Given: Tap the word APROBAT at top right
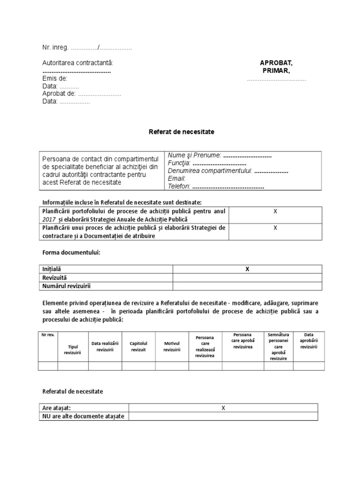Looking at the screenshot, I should point(276,63).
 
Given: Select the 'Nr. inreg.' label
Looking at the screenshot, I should point(55,47).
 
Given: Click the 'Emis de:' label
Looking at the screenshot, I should point(55,78).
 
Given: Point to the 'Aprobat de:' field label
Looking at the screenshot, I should point(59,93).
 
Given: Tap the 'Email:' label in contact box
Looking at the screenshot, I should point(177,178).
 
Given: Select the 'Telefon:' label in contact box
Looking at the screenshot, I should point(179,186).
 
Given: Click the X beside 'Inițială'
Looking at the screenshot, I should point(247,269).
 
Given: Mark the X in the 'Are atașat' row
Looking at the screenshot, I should point(223,408).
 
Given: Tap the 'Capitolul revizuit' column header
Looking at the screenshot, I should point(139,346).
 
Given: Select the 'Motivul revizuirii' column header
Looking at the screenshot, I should point(172,346).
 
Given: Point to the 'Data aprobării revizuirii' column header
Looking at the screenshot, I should point(308,341).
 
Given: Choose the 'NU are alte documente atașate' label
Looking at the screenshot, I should point(83,417).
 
